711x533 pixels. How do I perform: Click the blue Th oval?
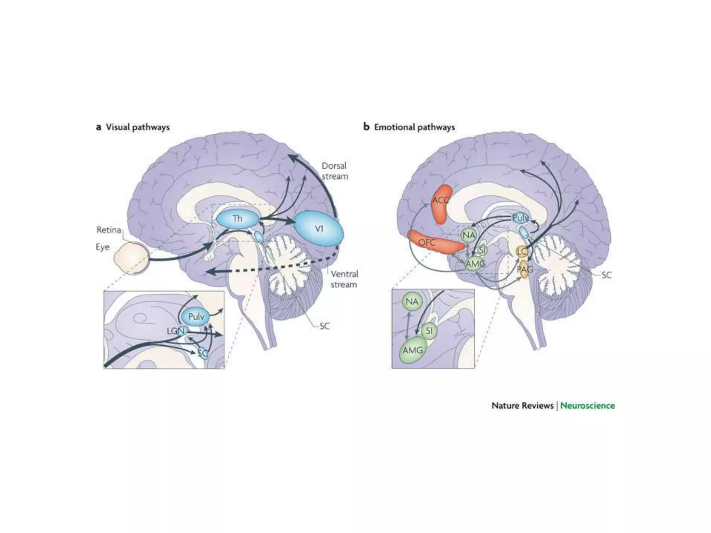[x=238, y=219]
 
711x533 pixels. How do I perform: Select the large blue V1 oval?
[x=319, y=229]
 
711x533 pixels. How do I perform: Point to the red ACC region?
[x=441, y=205]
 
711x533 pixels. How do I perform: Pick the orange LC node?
[x=522, y=251]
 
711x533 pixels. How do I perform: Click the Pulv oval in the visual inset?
[x=196, y=316]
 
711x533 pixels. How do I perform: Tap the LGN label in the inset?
[x=175, y=331]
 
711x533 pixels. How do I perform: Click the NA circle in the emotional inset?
[x=412, y=302]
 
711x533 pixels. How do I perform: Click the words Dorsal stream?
[x=334, y=171]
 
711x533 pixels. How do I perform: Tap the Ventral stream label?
[x=343, y=279]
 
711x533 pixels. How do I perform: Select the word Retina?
[x=109, y=230]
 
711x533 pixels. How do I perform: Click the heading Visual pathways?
[x=137, y=127]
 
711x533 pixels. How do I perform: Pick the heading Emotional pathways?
[x=414, y=127]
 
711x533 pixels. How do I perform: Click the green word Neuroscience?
[x=587, y=406]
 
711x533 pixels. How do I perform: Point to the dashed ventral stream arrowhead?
[x=210, y=272]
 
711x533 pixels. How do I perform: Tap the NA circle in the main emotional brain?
[x=468, y=235]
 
